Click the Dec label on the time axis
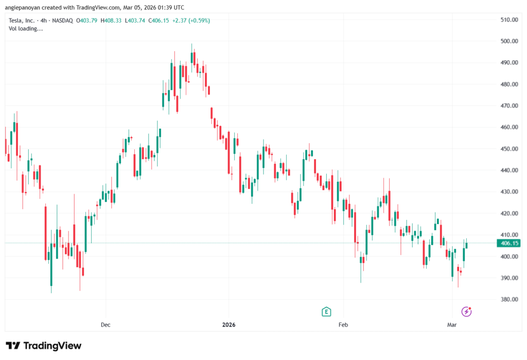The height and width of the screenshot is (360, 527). pos(106,325)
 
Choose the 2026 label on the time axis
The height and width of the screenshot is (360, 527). pos(228,325)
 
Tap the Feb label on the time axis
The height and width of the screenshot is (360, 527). pos(343,325)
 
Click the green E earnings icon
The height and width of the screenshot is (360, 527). pos(326,311)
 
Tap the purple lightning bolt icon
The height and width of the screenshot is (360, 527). pos(466,311)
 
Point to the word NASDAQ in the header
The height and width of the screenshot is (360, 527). pos(62,21)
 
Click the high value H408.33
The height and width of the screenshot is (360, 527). pos(111,21)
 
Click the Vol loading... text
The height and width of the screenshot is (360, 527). pos(26,28)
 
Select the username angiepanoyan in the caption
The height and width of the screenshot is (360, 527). pos(25,8)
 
